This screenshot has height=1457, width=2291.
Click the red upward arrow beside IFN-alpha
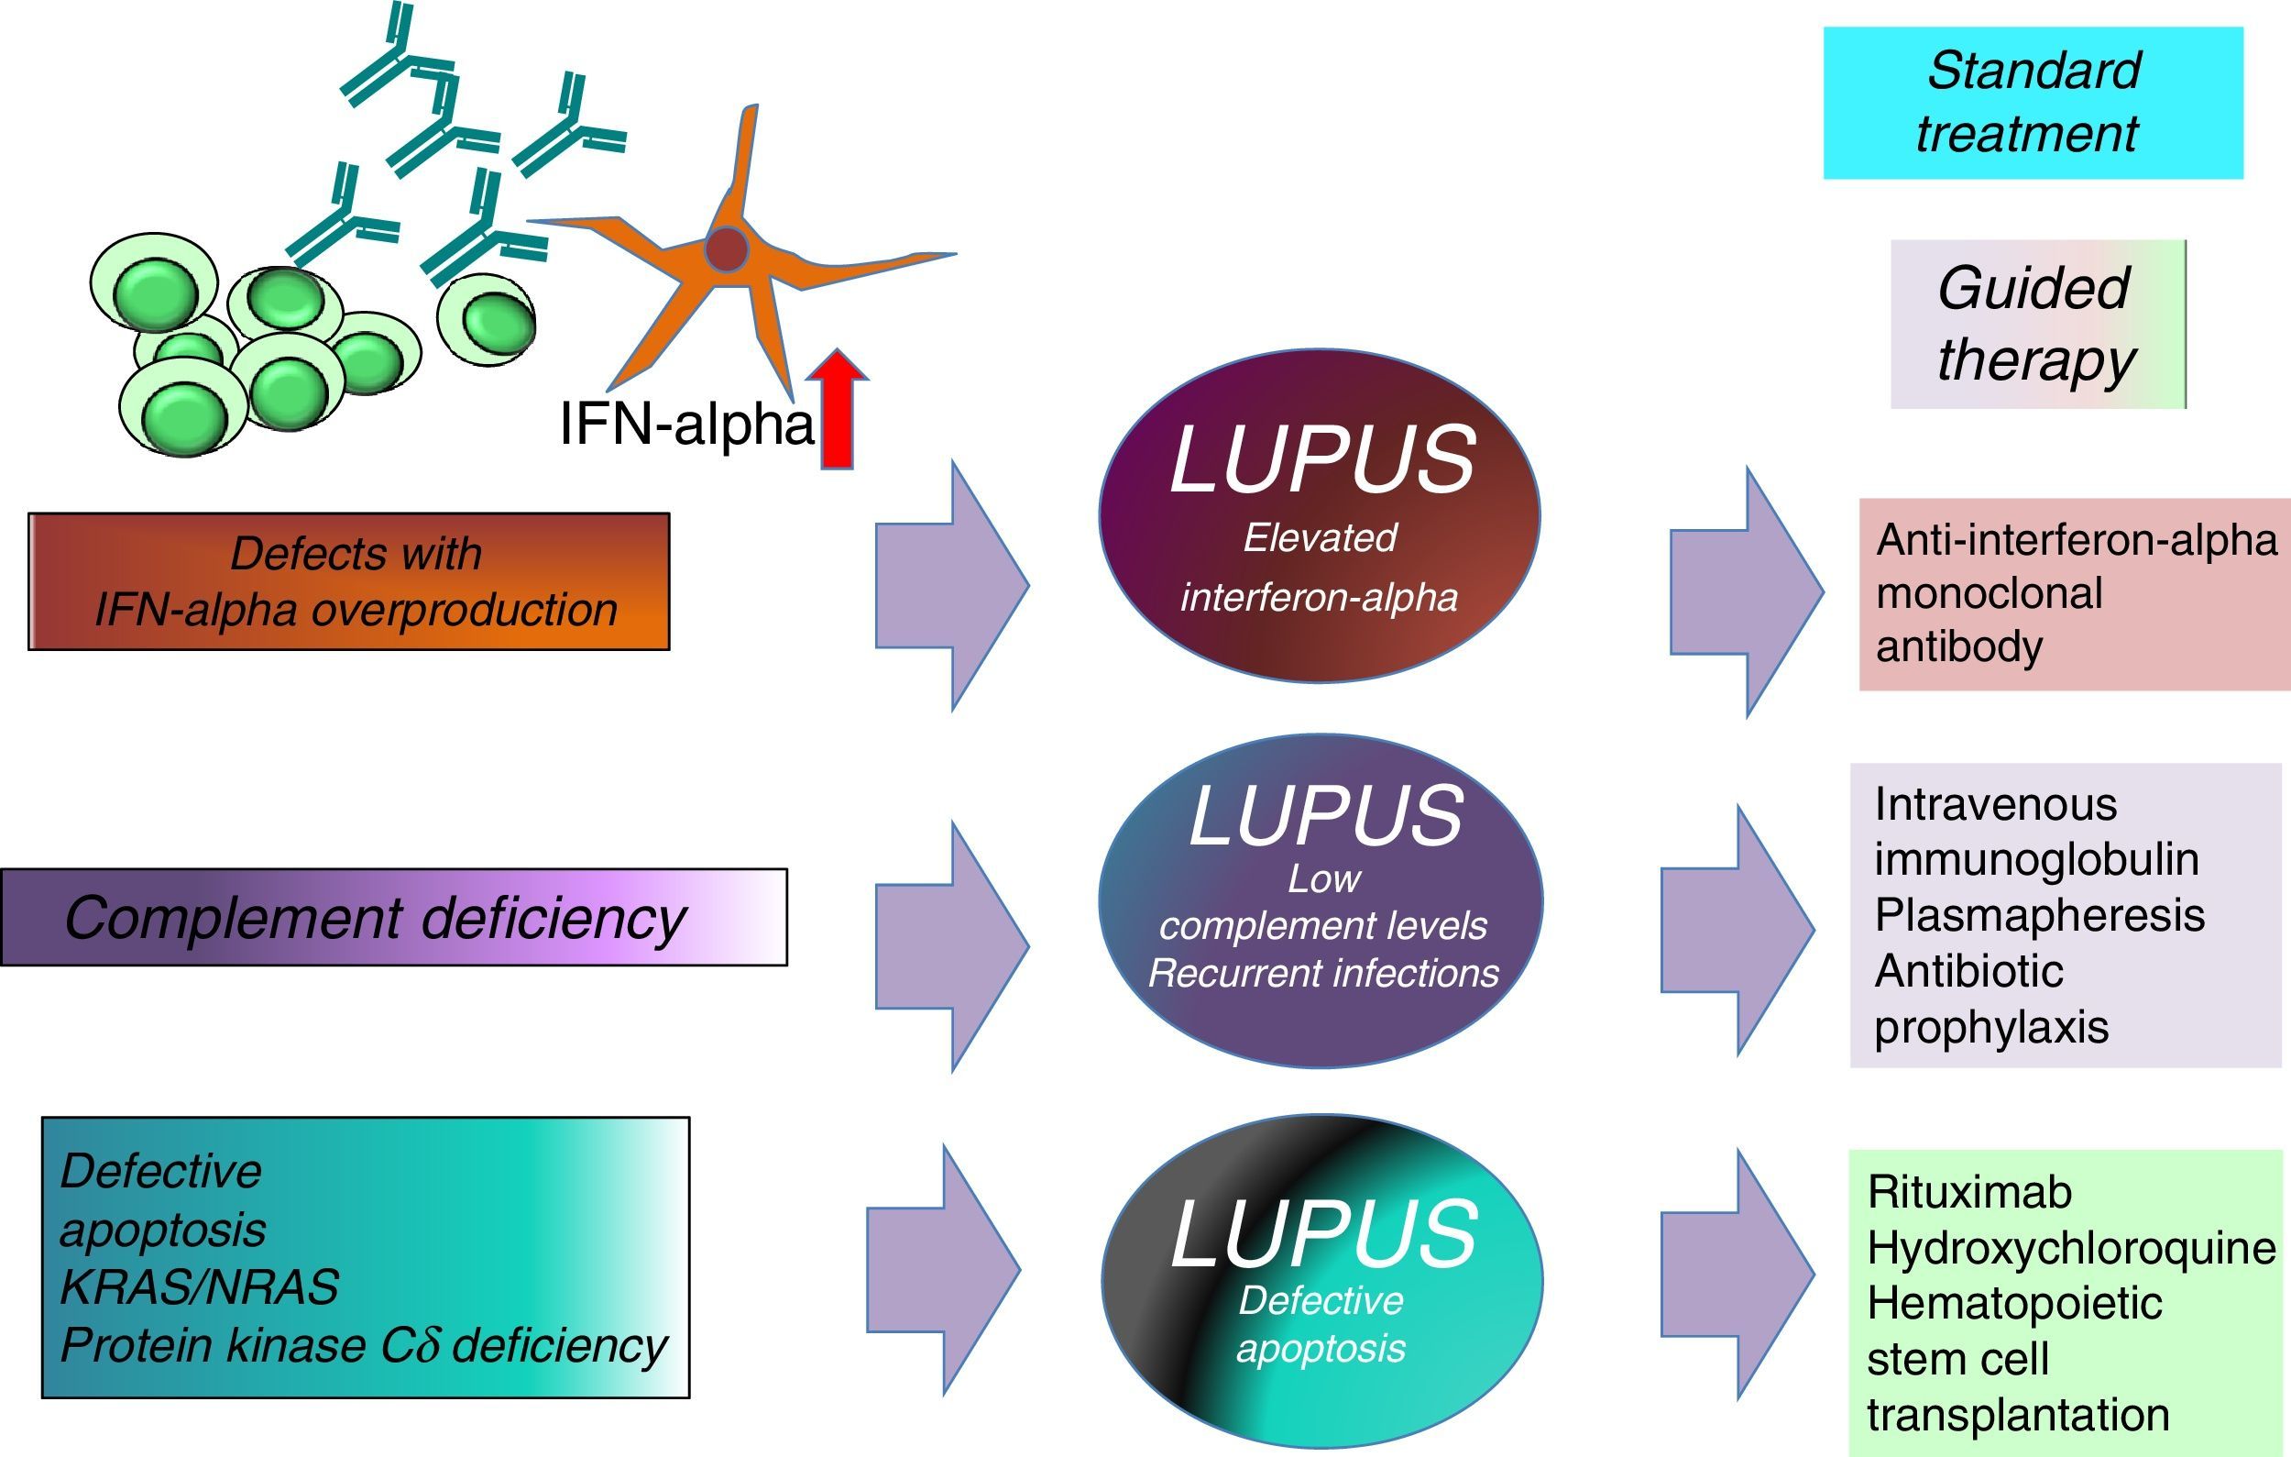point(837,408)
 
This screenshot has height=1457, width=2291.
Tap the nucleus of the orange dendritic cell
point(726,249)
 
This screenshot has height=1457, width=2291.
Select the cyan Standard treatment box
point(2033,103)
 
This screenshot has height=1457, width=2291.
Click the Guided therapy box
point(2038,325)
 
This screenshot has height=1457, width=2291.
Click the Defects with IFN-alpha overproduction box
point(349,581)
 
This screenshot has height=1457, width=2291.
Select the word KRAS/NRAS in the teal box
point(199,1286)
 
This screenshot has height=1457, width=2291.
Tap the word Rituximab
point(1969,1191)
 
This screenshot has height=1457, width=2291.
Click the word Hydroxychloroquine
point(2072,1248)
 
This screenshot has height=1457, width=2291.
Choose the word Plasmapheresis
point(2040,915)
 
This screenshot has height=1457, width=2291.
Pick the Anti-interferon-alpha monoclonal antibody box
point(2075,594)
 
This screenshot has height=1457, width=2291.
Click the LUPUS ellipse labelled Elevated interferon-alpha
point(1320,516)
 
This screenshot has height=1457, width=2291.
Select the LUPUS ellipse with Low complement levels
point(1321,900)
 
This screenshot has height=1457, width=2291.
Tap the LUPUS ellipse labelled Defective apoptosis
point(1322,1281)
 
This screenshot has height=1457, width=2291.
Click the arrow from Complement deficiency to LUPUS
point(952,947)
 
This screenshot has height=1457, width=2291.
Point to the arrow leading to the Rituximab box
point(1737,1275)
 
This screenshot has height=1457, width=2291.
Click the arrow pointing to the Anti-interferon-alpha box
point(1748,592)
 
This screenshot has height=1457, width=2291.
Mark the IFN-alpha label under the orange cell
point(687,424)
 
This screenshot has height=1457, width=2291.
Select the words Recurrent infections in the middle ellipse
point(1323,973)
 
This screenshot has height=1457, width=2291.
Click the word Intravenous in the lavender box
point(1995,805)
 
